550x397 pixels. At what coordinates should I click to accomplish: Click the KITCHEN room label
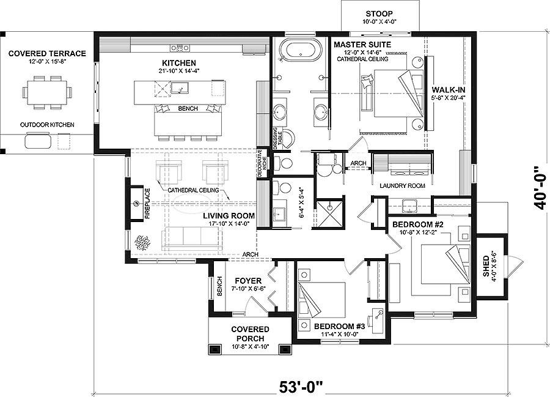click(x=178, y=63)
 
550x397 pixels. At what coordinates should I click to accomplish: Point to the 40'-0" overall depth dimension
click(x=538, y=187)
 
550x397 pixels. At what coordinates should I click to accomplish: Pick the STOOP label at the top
click(x=379, y=13)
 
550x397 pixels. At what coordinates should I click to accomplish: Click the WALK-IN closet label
click(x=449, y=89)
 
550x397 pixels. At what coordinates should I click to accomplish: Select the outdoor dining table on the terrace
click(x=46, y=92)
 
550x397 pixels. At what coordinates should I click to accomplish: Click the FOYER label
click(x=248, y=281)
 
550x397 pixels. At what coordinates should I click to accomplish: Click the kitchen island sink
click(x=182, y=91)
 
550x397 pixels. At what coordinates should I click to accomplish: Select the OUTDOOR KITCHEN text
click(x=46, y=125)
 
